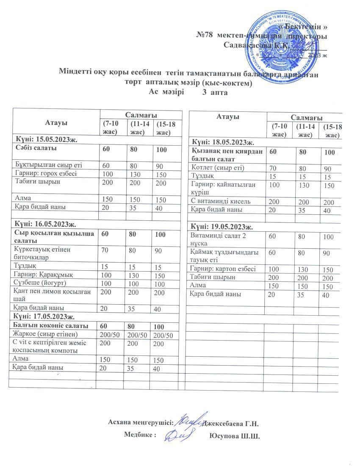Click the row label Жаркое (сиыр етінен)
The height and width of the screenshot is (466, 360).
point(47,335)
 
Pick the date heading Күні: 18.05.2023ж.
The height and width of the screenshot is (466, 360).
point(223,142)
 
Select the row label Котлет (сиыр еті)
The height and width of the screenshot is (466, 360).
point(218,167)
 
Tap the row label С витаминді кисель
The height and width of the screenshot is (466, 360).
point(221,201)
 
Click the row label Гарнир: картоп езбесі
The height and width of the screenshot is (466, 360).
point(223,269)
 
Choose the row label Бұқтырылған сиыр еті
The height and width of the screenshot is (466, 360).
point(48,165)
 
